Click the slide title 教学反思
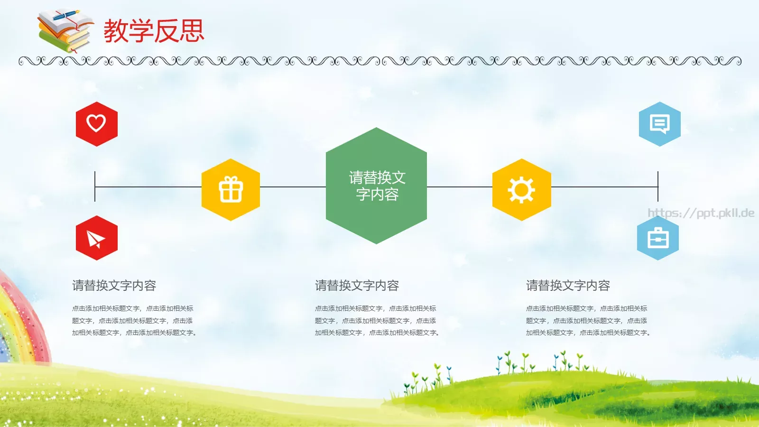point(154,31)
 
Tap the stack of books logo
point(64,32)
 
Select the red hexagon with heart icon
point(96,124)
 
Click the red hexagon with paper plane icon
point(96,238)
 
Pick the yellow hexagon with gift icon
point(231,190)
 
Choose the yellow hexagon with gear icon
point(521,190)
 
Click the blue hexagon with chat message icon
point(659,124)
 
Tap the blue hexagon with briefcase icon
point(658,238)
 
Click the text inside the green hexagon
point(377,186)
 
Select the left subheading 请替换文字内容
point(114,286)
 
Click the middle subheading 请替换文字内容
point(357,286)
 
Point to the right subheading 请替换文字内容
point(568,286)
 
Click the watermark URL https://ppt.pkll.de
point(701,213)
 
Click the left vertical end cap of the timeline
point(95,186)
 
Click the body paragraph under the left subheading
point(134,321)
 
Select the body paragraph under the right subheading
point(588,321)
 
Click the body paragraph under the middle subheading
point(377,321)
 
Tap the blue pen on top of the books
point(66,16)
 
